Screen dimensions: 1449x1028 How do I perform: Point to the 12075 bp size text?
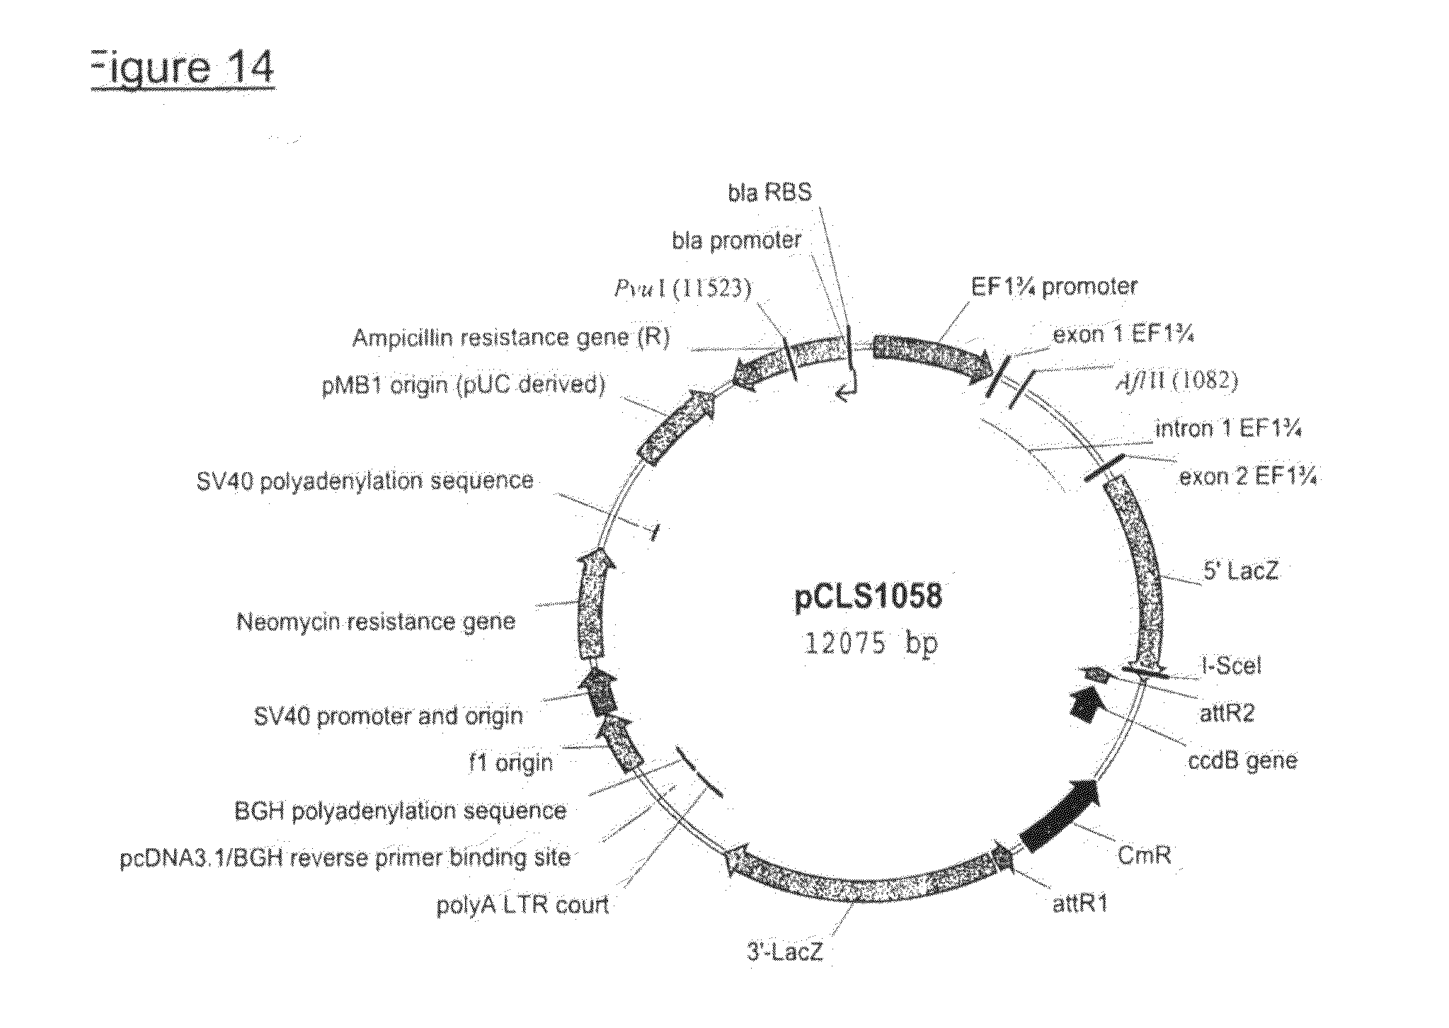pyautogui.click(x=870, y=644)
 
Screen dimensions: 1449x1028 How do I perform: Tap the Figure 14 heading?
pyautogui.click(x=182, y=69)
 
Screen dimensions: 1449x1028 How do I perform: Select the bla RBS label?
pyautogui.click(x=769, y=193)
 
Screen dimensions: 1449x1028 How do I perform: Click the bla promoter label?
pyautogui.click(x=736, y=241)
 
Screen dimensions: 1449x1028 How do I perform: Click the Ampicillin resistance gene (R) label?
pyautogui.click(x=510, y=338)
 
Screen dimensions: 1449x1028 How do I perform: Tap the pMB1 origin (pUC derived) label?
pyautogui.click(x=464, y=385)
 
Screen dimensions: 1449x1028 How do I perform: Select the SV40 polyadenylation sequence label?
pyautogui.click(x=364, y=481)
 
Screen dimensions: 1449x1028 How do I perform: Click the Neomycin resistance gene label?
pyautogui.click(x=376, y=622)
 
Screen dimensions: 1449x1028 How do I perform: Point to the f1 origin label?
pyautogui.click(x=510, y=763)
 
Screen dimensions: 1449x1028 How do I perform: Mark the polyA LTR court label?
pyautogui.click(x=522, y=906)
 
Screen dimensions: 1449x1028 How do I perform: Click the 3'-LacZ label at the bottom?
pyautogui.click(x=785, y=952)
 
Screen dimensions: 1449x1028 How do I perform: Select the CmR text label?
pyautogui.click(x=1144, y=855)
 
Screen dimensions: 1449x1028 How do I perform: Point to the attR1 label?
pyautogui.click(x=1080, y=904)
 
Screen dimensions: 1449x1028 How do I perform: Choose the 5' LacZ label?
pyautogui.click(x=1242, y=571)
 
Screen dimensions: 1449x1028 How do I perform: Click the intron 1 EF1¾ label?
pyautogui.click(x=1229, y=429)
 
